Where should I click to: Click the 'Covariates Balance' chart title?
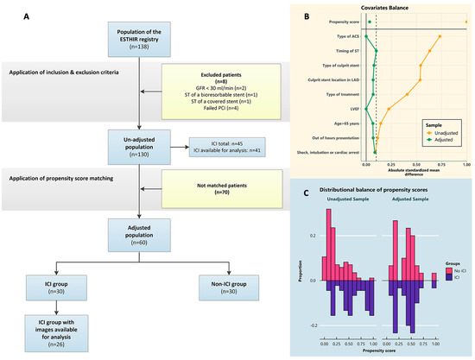[397, 8]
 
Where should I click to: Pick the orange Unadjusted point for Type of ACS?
[440, 36]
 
